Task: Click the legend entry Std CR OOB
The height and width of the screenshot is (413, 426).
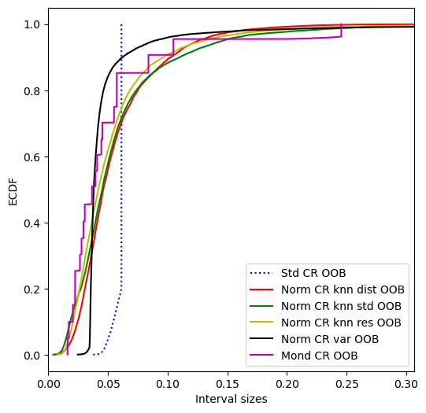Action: click(x=313, y=273)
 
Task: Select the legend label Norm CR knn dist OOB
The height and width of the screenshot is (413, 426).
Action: click(x=343, y=289)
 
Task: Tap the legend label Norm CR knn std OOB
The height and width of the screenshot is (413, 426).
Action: click(x=341, y=306)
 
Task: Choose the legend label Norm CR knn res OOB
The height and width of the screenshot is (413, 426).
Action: click(x=341, y=323)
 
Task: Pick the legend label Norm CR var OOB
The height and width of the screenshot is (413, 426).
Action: click(x=330, y=339)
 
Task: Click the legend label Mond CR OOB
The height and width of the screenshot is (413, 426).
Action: click(x=320, y=356)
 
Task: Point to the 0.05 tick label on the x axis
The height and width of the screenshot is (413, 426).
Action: click(x=108, y=384)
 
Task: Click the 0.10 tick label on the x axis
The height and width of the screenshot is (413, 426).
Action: click(x=168, y=384)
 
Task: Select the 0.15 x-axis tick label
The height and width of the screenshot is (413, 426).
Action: click(x=228, y=384)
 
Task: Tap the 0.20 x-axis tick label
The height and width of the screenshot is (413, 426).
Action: click(x=287, y=384)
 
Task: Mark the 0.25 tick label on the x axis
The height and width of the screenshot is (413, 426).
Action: click(x=347, y=384)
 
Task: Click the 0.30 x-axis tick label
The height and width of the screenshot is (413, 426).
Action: click(x=406, y=384)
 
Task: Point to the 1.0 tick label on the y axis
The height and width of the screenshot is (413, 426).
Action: click(x=32, y=24)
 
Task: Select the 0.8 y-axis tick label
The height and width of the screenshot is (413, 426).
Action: click(x=32, y=91)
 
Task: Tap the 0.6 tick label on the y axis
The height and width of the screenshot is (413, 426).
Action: click(x=32, y=157)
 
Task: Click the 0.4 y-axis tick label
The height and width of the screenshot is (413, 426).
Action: click(x=32, y=223)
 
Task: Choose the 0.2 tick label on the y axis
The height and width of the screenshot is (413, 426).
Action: click(x=32, y=289)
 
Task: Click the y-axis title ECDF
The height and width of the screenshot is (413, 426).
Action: click(x=13, y=192)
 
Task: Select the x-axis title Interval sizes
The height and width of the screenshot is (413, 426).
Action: click(x=232, y=399)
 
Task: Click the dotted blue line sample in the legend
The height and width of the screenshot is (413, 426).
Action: click(x=261, y=273)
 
